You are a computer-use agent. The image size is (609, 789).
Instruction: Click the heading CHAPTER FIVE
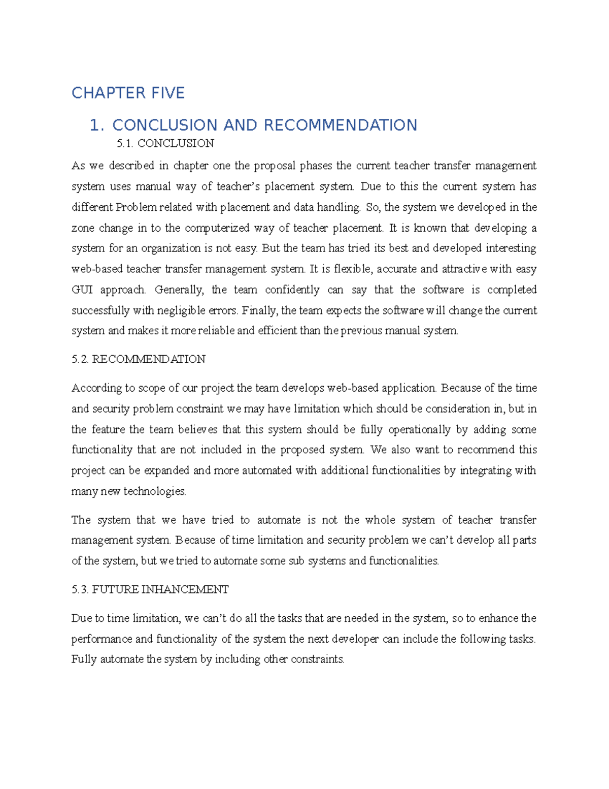(x=128, y=93)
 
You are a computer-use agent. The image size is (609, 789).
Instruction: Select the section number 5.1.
(x=125, y=144)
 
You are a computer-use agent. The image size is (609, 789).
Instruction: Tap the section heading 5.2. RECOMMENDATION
(x=139, y=360)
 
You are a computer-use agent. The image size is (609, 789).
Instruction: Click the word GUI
(x=82, y=290)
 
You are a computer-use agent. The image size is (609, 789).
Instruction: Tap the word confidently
(x=292, y=290)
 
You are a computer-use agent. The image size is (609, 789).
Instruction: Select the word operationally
(x=419, y=430)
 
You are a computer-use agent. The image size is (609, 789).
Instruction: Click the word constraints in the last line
(x=318, y=659)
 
